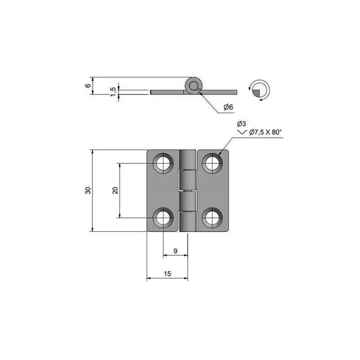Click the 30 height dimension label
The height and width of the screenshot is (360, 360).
[x=88, y=190]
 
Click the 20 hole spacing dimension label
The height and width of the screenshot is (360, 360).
[x=115, y=190]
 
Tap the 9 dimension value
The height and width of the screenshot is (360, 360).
[x=175, y=251]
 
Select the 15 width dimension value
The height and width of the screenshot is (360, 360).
[x=167, y=274]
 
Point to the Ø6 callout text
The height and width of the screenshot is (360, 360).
[x=228, y=107]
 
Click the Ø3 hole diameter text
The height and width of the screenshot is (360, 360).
[x=241, y=124]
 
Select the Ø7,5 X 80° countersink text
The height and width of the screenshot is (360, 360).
[x=265, y=132]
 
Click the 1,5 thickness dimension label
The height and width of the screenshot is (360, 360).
[x=113, y=92]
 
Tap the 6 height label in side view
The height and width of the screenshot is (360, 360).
[x=88, y=85]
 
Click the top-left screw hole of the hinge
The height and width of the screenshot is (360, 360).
[x=163, y=163]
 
